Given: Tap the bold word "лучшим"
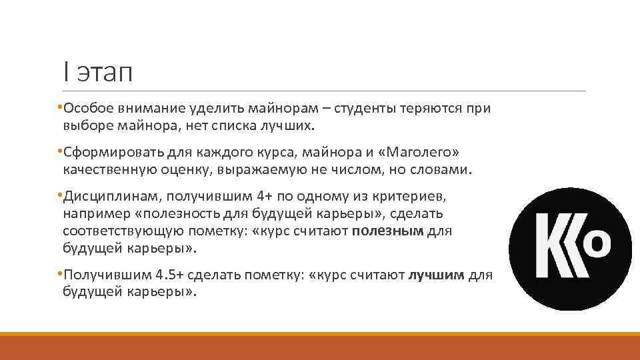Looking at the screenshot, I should [437, 275].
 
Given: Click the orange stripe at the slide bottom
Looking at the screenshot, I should [320, 347].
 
